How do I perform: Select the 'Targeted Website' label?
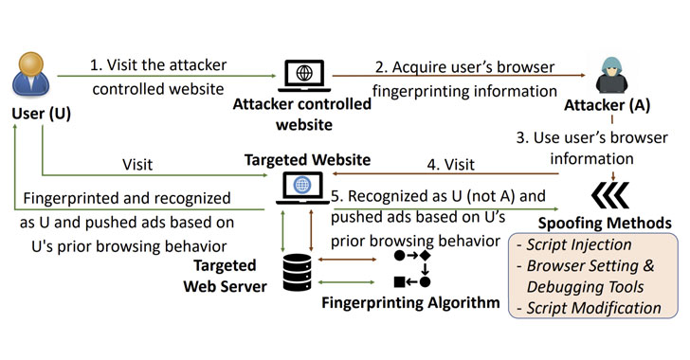305,157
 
